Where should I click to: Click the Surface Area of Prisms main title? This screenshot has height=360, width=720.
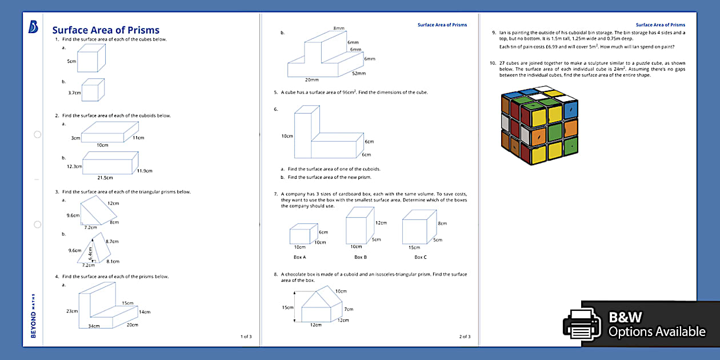106,30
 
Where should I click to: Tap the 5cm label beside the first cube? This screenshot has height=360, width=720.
71,61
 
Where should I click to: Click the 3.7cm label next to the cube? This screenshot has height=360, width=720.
74,92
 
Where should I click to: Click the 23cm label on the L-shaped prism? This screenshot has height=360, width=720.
72,311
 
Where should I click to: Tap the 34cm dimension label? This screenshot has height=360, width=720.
94,326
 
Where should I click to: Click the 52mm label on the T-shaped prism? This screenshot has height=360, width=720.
359,73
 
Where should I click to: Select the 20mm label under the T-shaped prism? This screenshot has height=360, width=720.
312,80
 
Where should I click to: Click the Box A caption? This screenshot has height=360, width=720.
300,257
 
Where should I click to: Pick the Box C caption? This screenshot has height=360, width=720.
420,257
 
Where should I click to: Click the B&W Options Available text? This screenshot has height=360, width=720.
656,325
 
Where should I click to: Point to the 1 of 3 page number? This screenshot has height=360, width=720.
246,337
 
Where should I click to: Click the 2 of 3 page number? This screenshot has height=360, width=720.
465,337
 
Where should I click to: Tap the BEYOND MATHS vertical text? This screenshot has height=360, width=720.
33,316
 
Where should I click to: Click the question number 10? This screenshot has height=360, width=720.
494,63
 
